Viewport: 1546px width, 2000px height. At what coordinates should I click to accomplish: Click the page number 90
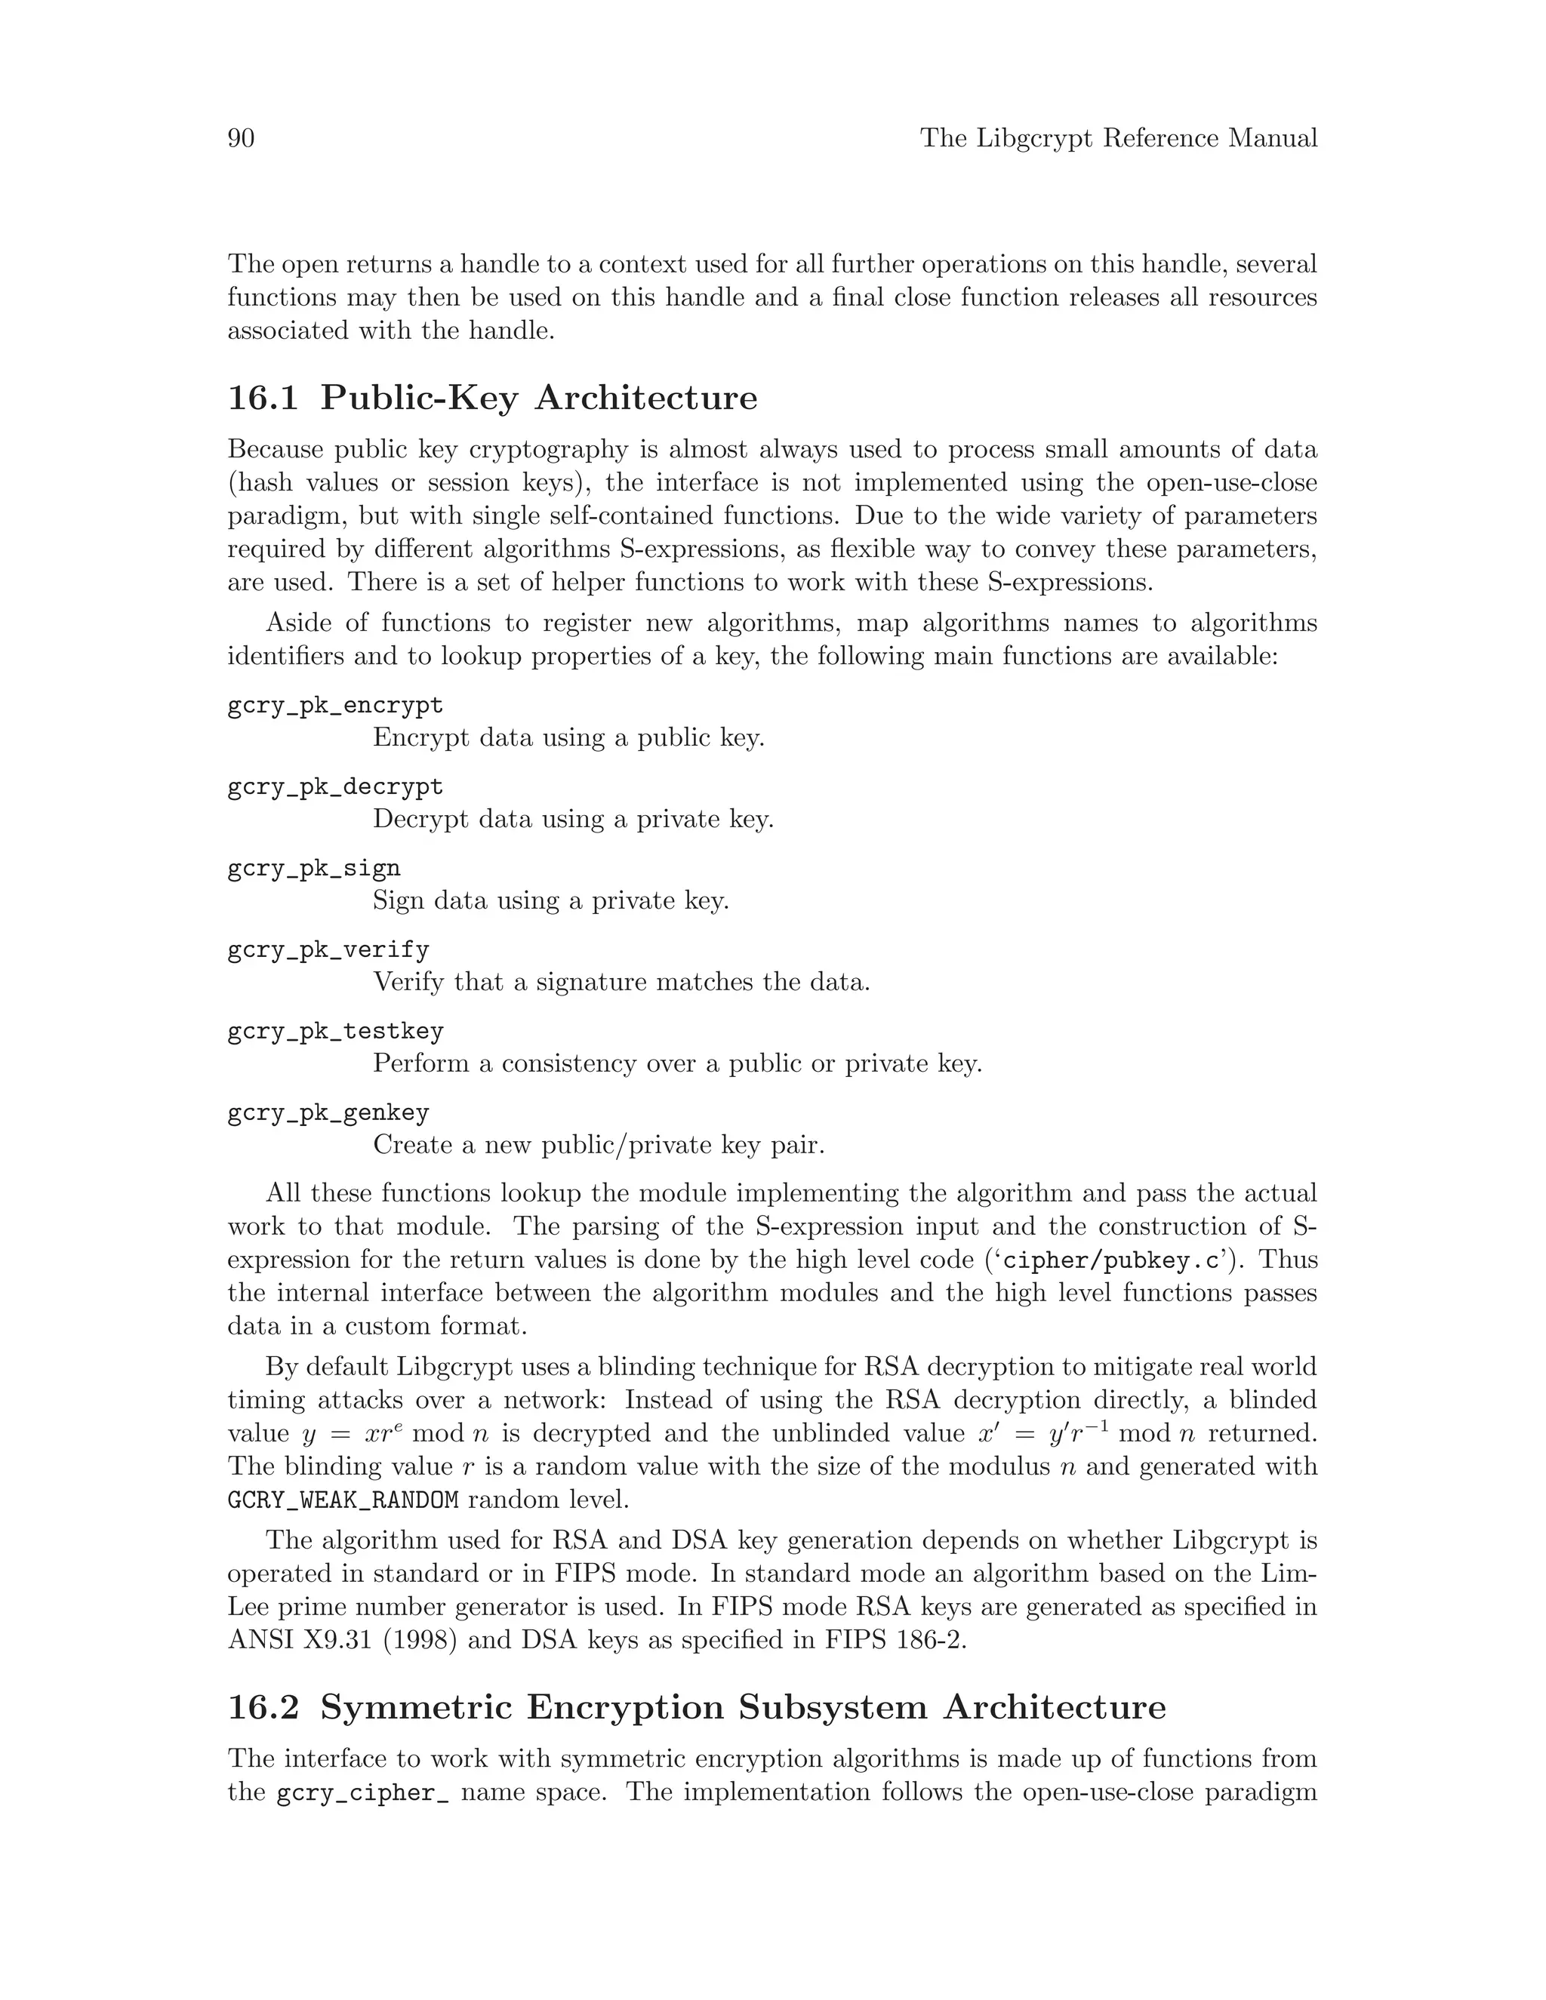241,138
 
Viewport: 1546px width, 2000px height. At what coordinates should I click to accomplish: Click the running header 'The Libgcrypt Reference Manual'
1118,138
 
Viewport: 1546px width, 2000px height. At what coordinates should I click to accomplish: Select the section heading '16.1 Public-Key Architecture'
492,398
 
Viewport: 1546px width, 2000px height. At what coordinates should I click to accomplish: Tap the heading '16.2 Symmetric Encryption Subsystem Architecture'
696,1708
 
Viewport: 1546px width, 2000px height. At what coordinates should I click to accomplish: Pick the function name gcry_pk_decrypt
335,786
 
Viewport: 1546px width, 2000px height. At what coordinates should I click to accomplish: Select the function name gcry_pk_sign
313,868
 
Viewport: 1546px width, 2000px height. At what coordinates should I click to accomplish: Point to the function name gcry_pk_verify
328,949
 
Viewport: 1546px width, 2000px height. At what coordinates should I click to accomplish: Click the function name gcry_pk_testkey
335,1031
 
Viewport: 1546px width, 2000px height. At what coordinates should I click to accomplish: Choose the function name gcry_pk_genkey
328,1112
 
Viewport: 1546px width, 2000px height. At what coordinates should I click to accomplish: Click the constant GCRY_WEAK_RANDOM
343,1500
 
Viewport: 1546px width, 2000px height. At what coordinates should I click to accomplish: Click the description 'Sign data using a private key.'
550,901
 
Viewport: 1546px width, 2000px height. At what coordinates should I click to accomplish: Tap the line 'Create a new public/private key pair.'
598,1146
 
